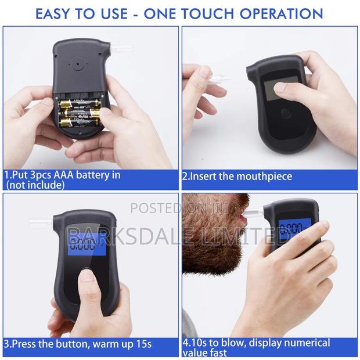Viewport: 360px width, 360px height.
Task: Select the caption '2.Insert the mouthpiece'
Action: (238, 176)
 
